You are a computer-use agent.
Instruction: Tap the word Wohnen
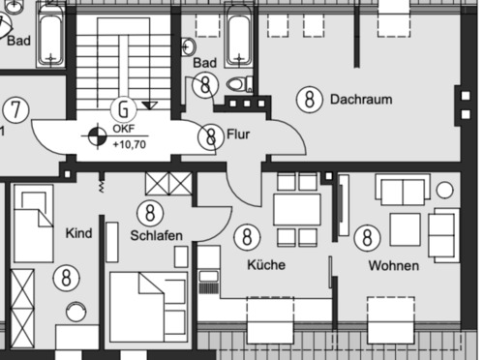tap(393, 265)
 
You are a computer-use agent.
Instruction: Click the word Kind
tap(78, 233)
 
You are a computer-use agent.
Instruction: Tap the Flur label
tap(238, 135)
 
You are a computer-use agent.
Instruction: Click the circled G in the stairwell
tap(123, 108)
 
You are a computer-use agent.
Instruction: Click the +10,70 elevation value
tap(128, 145)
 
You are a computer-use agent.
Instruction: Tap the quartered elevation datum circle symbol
tap(97, 136)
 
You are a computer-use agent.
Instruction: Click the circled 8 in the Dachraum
tap(309, 99)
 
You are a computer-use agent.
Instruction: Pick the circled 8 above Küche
tap(248, 236)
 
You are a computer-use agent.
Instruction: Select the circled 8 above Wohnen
tap(367, 236)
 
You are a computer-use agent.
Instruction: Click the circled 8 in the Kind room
tap(67, 278)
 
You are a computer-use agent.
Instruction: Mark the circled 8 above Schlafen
tap(150, 211)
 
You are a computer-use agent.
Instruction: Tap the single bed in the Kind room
tap(34, 225)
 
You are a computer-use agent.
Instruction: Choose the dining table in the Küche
tap(296, 210)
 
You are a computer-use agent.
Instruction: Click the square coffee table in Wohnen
tap(405, 229)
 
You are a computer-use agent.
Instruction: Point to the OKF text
tap(123, 129)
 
